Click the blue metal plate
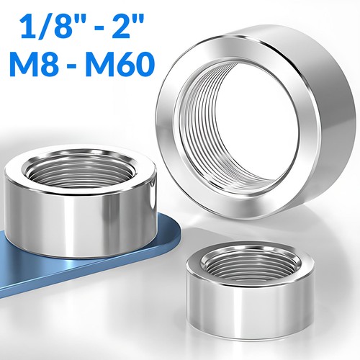tap(48, 266)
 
